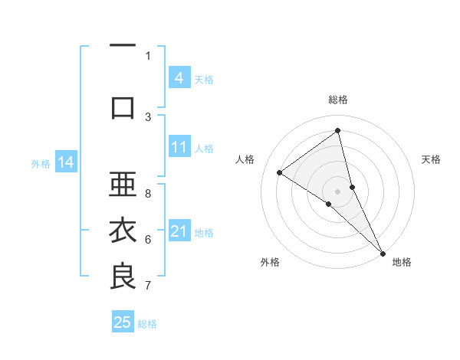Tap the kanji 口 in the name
tap(123, 107)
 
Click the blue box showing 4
tap(179, 77)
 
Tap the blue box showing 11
tap(179, 146)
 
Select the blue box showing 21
tap(179, 231)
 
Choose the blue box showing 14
tap(66, 162)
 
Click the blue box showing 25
tap(123, 322)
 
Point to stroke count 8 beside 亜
tap(148, 194)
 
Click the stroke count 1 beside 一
tap(148, 55)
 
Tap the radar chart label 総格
tap(338, 100)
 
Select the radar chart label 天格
tap(432, 159)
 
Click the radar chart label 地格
tap(402, 262)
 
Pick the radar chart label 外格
tap(270, 262)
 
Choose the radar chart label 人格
tap(245, 159)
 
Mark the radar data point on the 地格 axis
tap(383, 252)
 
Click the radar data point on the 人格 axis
tap(280, 172)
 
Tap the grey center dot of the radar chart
tap(338, 191)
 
